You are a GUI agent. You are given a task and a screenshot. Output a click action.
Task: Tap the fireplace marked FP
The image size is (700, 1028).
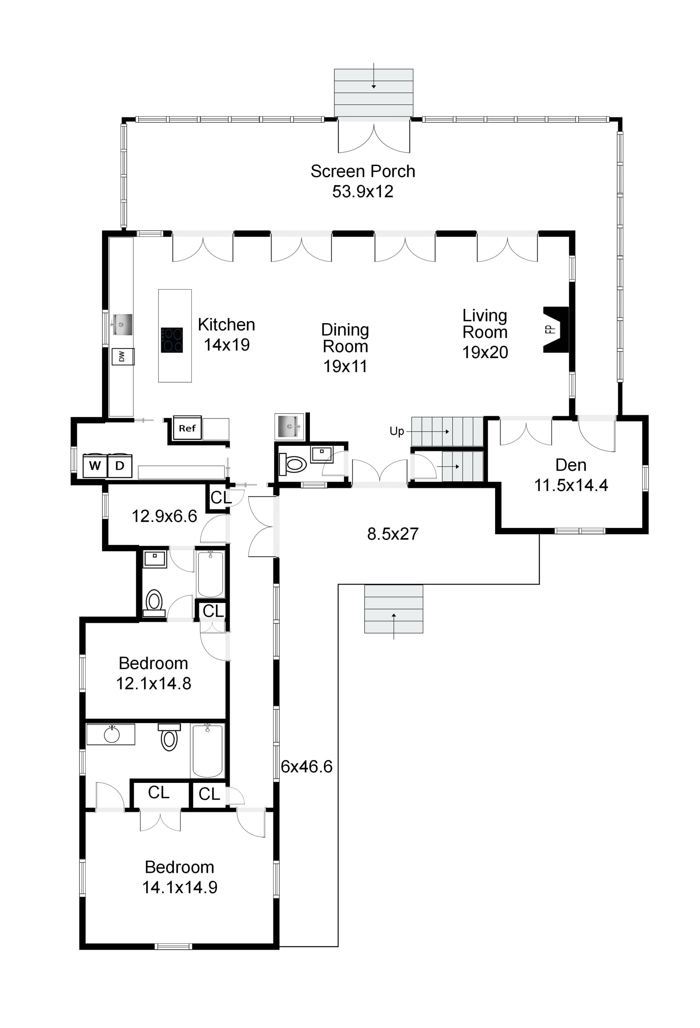pyautogui.click(x=556, y=330)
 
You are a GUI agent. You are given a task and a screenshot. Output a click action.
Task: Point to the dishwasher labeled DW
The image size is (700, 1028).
pyautogui.click(x=122, y=357)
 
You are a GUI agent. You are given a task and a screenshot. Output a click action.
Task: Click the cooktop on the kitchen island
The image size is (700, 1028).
pyautogui.click(x=172, y=340)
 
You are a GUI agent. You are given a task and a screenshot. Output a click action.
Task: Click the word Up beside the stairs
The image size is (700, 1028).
pyautogui.click(x=396, y=431)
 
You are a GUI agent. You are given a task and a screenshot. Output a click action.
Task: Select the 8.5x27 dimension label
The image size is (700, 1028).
pyautogui.click(x=392, y=534)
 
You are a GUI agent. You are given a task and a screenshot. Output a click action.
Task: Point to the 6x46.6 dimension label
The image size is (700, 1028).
pyautogui.click(x=306, y=766)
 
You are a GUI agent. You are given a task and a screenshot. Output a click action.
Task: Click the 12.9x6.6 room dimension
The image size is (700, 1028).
pyautogui.click(x=164, y=516)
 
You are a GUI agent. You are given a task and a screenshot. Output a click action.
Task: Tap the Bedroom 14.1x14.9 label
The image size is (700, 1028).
pyautogui.click(x=179, y=877)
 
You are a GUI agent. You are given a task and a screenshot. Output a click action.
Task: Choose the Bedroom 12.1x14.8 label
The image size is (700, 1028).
pyautogui.click(x=153, y=673)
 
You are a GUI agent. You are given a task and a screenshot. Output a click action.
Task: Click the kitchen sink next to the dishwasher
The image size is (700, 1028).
pyautogui.click(x=122, y=325)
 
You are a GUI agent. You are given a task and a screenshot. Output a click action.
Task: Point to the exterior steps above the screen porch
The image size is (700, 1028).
pyautogui.click(x=373, y=92)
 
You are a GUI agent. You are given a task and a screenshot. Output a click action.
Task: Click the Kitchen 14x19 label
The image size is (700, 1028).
pyautogui.click(x=226, y=334)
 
